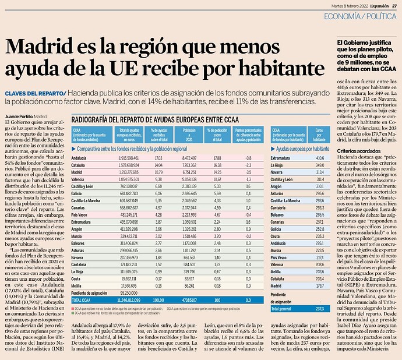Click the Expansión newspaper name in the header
[x=372, y=4]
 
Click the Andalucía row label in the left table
[x=80, y=158]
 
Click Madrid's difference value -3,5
[x=248, y=173]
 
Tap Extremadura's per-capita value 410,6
[x=319, y=158]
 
